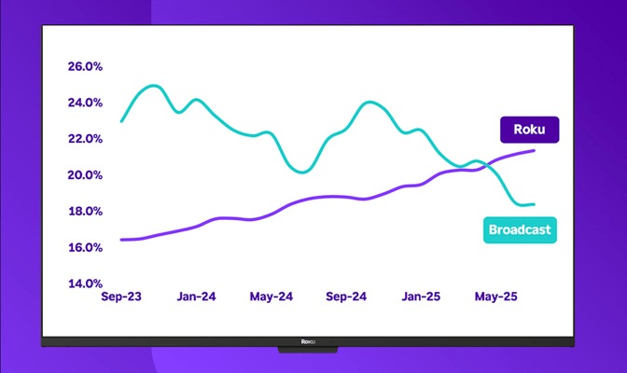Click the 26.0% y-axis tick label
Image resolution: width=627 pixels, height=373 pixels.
(x=85, y=67)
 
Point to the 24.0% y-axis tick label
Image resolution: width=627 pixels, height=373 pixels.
(x=85, y=104)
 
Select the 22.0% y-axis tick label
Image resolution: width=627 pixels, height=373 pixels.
(x=85, y=140)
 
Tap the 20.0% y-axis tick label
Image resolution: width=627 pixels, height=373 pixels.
(x=85, y=175)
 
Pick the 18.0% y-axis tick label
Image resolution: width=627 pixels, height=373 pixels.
(x=85, y=212)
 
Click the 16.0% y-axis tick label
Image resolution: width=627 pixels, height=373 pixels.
(x=85, y=248)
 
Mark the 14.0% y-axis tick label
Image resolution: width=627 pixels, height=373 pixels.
(x=85, y=283)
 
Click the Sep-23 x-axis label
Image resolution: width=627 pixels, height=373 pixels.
(x=122, y=297)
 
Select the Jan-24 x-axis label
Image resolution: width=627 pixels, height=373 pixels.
(x=197, y=297)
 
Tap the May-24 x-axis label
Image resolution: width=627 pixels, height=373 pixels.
(x=272, y=297)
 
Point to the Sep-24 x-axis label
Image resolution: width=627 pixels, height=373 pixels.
(x=347, y=297)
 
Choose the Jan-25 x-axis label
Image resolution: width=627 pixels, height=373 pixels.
(x=422, y=297)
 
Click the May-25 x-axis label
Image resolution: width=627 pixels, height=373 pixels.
(x=496, y=297)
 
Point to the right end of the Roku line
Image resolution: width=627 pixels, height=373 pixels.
(x=534, y=150)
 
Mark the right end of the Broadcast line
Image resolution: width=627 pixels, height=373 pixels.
(x=534, y=204)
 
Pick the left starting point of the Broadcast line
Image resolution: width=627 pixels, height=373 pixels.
(x=122, y=121)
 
